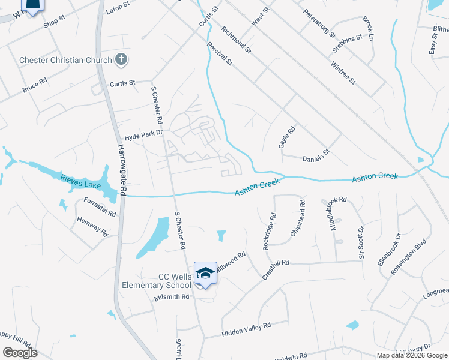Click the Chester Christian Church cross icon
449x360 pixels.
point(121,59)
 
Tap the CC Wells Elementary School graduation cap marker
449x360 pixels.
point(205,273)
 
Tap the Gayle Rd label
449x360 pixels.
point(287,137)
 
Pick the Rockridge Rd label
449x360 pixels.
point(268,231)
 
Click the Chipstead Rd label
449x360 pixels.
point(298,222)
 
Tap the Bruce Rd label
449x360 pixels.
point(35,86)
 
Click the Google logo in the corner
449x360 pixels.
point(20,352)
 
